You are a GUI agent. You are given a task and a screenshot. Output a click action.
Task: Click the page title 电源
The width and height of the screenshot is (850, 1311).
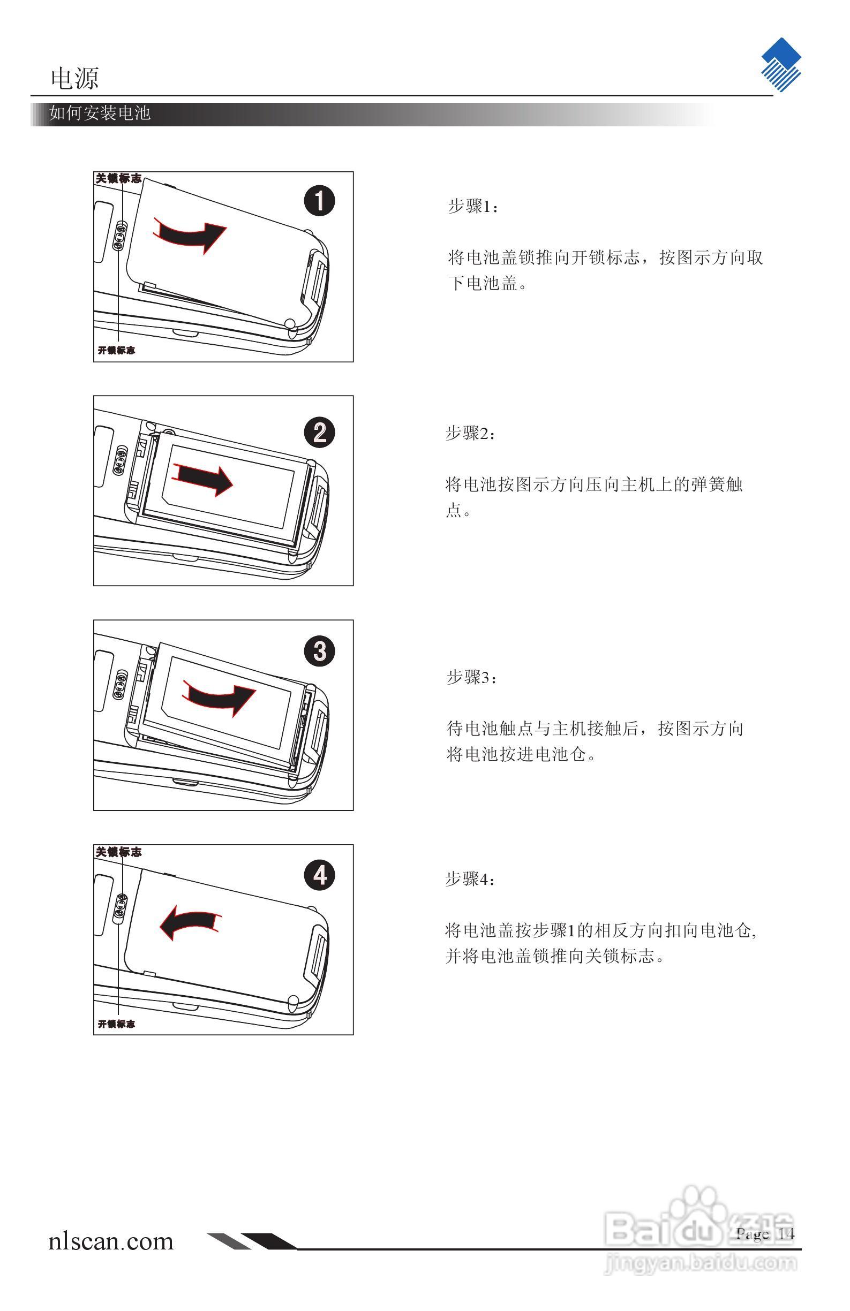click(74, 78)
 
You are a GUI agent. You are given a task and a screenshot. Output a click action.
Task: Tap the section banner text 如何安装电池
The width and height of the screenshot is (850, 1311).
click(100, 113)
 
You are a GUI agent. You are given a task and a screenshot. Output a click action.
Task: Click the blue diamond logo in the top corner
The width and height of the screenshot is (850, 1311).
click(780, 64)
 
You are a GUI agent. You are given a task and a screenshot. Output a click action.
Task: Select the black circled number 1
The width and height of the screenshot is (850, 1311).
click(320, 201)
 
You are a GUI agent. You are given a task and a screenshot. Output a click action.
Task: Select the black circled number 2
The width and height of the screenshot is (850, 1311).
click(320, 433)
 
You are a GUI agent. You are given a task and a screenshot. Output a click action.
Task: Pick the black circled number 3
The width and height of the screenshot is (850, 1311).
click(320, 651)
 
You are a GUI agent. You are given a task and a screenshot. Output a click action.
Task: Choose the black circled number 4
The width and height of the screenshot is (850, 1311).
click(320, 876)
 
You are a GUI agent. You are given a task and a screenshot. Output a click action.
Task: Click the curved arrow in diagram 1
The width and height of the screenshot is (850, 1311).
click(190, 236)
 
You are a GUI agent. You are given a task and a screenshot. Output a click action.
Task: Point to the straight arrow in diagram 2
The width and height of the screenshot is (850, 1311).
click(204, 478)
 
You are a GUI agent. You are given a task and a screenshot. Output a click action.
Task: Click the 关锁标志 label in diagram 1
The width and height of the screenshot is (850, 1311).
click(118, 178)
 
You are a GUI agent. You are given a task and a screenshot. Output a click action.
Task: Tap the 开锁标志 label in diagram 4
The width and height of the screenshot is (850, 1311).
click(116, 1024)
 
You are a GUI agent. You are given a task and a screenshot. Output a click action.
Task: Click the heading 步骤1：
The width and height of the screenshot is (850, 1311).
click(472, 207)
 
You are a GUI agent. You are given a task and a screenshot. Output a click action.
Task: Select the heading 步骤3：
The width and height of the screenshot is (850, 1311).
click(471, 677)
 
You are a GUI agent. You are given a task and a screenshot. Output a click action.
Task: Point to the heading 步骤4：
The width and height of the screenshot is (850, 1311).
click(470, 879)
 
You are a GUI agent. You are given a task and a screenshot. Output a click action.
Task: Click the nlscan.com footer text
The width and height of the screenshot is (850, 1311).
click(111, 1241)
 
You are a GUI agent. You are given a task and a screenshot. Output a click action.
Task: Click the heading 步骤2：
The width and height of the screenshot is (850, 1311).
click(470, 434)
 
